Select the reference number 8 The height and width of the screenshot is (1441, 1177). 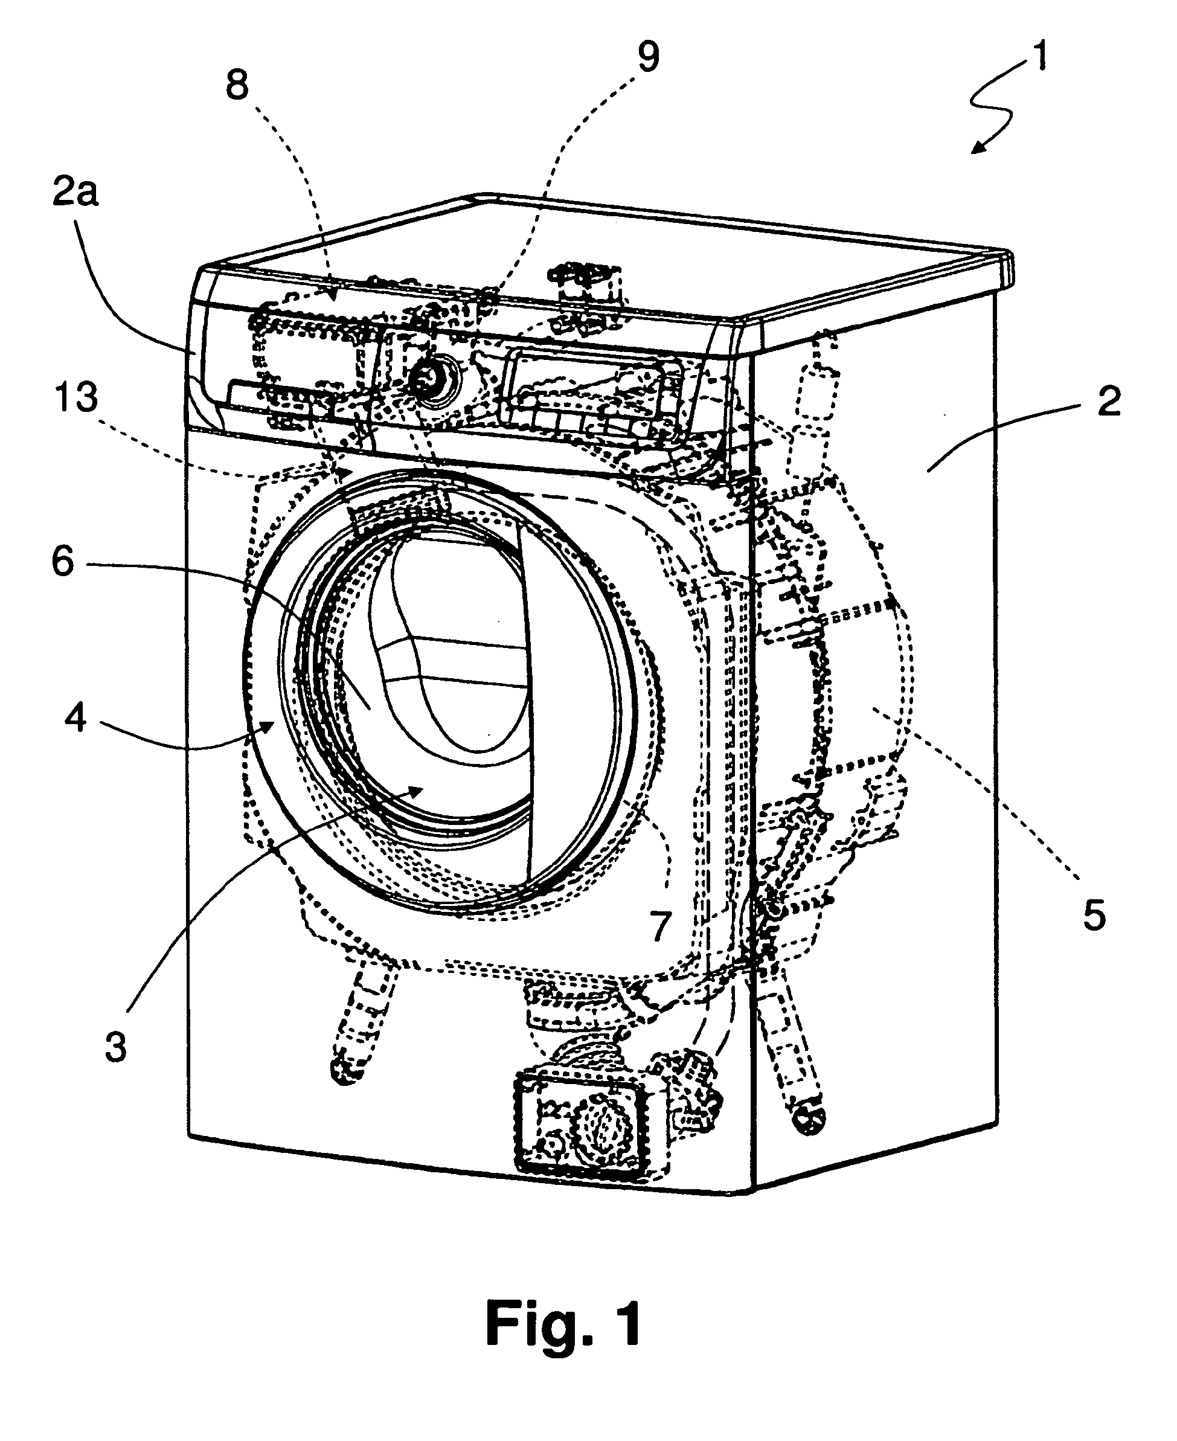[x=237, y=87]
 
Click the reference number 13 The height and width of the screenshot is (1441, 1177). [x=77, y=397]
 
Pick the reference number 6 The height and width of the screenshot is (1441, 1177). [x=63, y=562]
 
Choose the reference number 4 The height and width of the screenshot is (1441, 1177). [x=75, y=717]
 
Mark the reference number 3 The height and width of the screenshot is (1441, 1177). [x=116, y=1047]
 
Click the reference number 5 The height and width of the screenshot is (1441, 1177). [x=1094, y=916]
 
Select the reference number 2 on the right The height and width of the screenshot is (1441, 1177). [x=1109, y=402]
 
